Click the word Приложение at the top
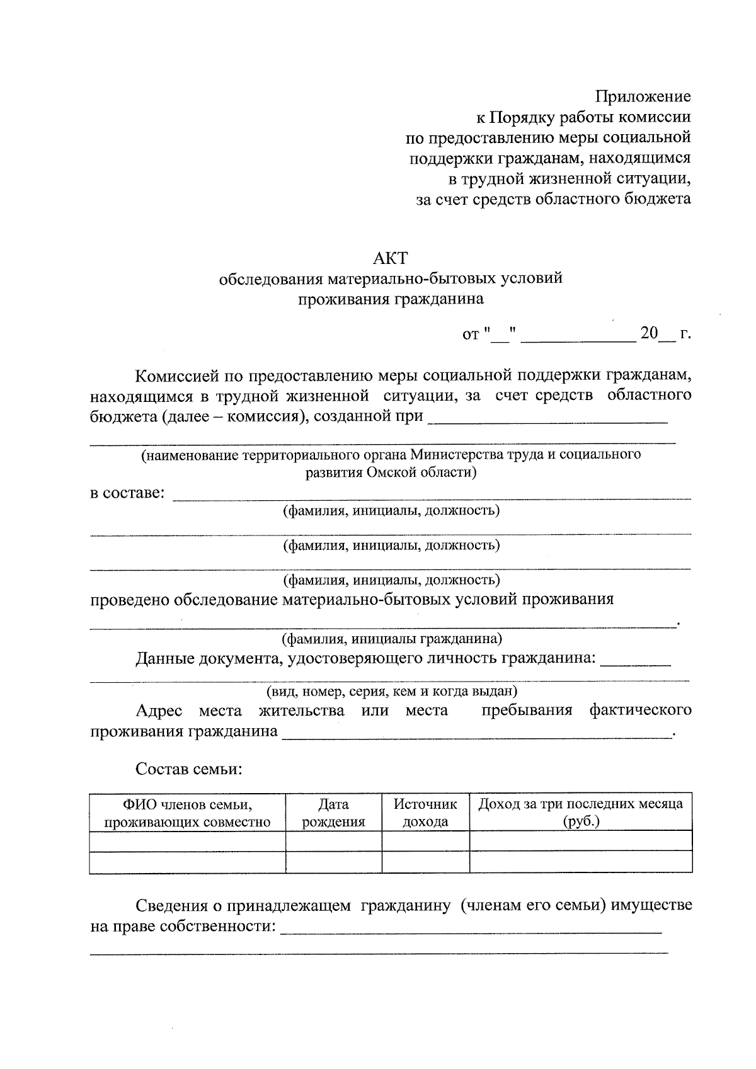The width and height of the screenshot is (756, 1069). coord(643,96)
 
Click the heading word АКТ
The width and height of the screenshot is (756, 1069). coord(391,258)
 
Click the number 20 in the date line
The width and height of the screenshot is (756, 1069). coord(649,333)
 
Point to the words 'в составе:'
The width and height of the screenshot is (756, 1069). coord(127,493)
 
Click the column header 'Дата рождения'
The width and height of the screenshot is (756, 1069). coord(334,813)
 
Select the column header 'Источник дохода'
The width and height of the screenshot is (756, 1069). coord(425,813)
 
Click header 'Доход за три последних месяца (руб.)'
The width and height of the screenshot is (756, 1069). coord(580,813)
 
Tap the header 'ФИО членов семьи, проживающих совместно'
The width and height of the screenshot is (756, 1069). coord(187,813)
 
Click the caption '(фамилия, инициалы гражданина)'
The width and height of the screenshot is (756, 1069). coord(391,639)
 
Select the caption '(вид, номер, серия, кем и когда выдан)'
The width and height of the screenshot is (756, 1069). coord(391,691)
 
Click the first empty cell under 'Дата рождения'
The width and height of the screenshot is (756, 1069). coord(334,841)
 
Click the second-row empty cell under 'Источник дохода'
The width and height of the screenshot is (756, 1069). coord(425,862)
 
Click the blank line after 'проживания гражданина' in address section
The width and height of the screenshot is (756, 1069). coord(477,735)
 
